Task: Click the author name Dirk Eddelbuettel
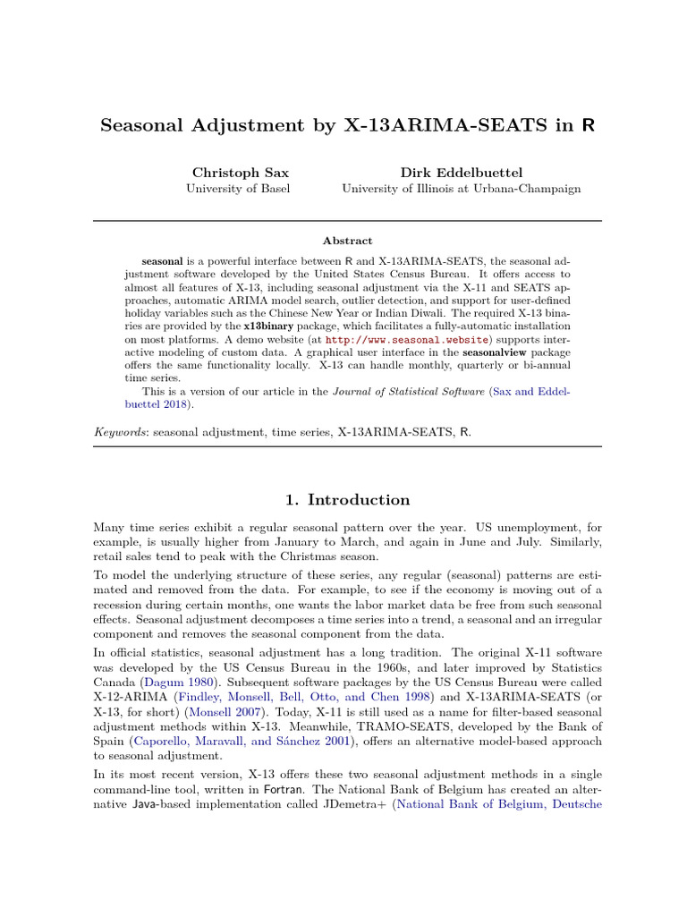(461, 172)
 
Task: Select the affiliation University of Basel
(237, 189)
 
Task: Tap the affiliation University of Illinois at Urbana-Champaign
(461, 189)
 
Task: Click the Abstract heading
(347, 241)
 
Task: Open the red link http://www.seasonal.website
(394, 341)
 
